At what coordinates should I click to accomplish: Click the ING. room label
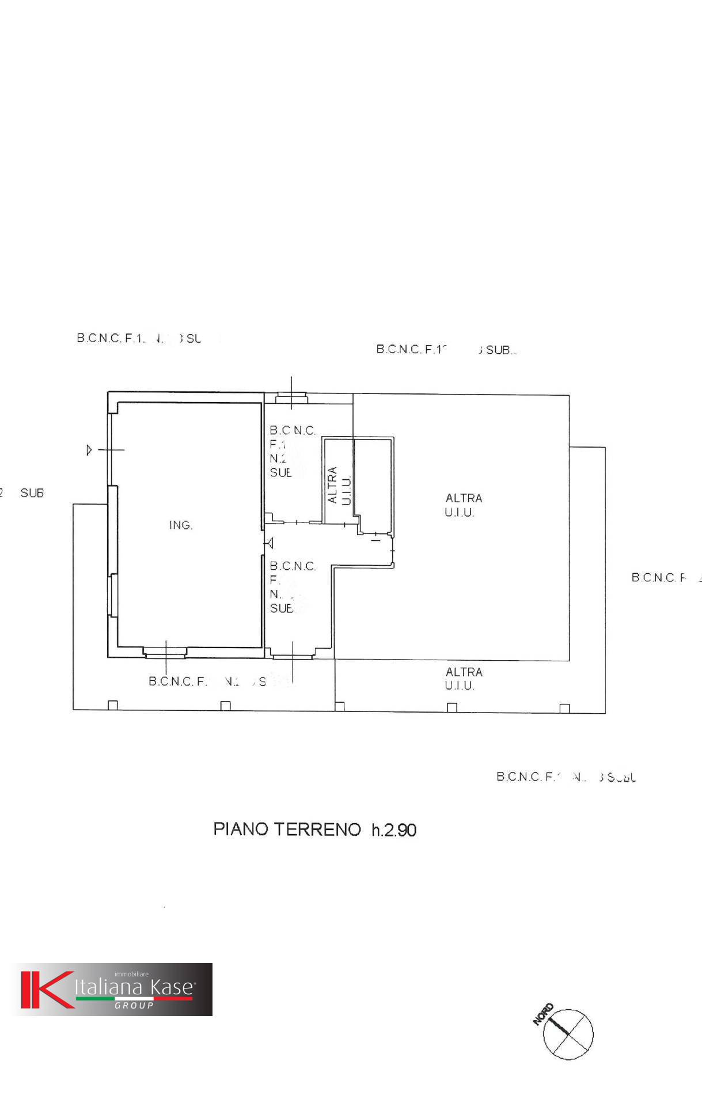click(x=181, y=525)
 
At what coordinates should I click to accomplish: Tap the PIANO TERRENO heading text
click(x=287, y=829)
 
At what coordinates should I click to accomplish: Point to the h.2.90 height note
click(x=394, y=829)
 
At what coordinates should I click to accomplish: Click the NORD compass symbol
click(x=568, y=1033)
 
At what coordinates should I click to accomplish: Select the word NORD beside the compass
click(x=543, y=1014)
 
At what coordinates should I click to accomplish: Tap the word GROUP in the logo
click(x=134, y=1005)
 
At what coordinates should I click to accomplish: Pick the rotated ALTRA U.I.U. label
click(x=339, y=485)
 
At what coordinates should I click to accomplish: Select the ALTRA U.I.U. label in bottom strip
click(x=462, y=679)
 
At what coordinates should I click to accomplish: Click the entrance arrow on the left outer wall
click(x=89, y=450)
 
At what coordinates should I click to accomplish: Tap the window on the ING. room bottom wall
click(x=165, y=653)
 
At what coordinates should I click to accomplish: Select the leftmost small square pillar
click(x=113, y=705)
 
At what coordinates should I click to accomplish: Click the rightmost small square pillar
click(x=564, y=708)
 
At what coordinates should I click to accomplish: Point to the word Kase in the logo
click(x=171, y=987)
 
